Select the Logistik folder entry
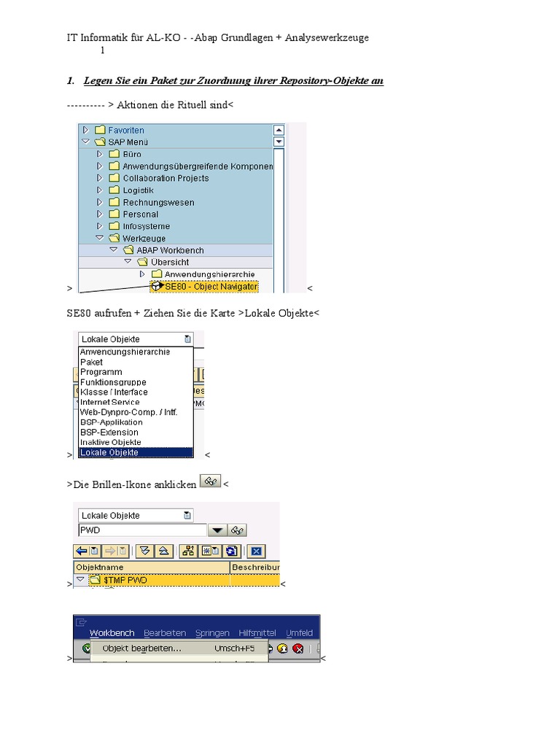pos(138,190)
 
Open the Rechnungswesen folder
pos(157,202)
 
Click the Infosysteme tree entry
pos(146,226)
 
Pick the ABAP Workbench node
pos(170,250)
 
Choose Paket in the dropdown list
pos(92,362)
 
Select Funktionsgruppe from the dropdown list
pos(113,382)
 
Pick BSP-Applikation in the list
pos(112,422)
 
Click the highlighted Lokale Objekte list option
pos(109,452)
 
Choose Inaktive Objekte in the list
pos(111,442)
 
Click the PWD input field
pos(142,530)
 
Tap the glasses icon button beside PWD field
pos(237,530)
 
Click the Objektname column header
pos(101,567)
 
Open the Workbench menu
pos(112,632)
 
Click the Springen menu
pos(212,632)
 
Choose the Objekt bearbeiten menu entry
pos(142,648)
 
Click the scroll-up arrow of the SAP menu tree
pos(279,130)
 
